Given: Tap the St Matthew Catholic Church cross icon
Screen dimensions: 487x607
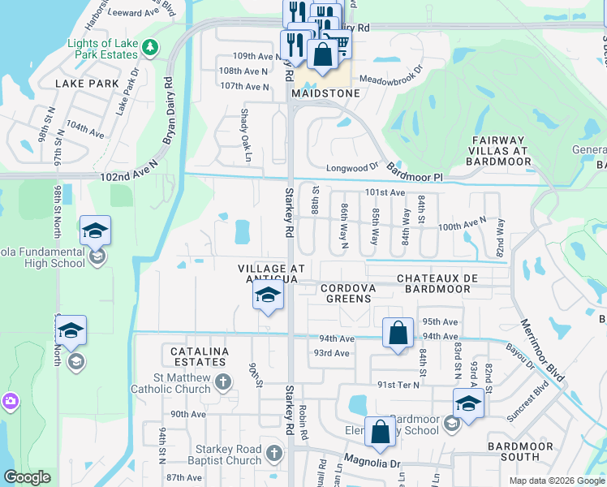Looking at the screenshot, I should pos(225,381).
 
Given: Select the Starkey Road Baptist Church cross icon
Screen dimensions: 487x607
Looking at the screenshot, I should pos(275,453).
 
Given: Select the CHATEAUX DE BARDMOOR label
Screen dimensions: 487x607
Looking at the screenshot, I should pos(438,283).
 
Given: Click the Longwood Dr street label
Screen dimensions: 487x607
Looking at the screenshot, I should pos(352,168).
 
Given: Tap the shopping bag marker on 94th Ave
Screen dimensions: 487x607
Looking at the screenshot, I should pos(398,333).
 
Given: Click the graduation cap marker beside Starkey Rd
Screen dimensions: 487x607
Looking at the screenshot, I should pos(267,297).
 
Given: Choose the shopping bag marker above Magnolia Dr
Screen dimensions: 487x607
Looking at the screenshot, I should pos(380,432).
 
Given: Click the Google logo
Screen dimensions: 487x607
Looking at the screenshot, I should pos(28,477).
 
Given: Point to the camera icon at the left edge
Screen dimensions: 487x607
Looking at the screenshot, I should pos(9,401).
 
